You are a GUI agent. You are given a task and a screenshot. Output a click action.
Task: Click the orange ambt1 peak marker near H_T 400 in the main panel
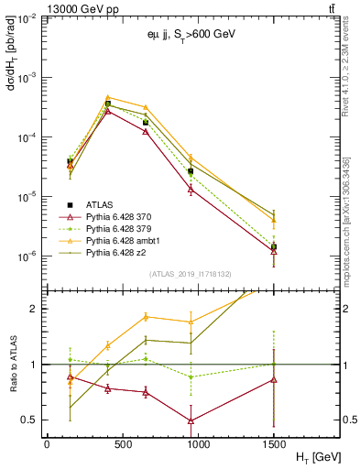click(x=108, y=97)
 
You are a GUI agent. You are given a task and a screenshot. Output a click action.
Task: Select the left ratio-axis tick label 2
click(x=34, y=309)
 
